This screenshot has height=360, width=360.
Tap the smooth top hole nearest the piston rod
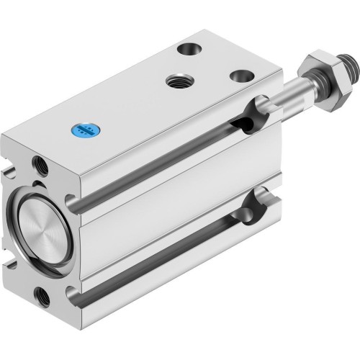point(239,75)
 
